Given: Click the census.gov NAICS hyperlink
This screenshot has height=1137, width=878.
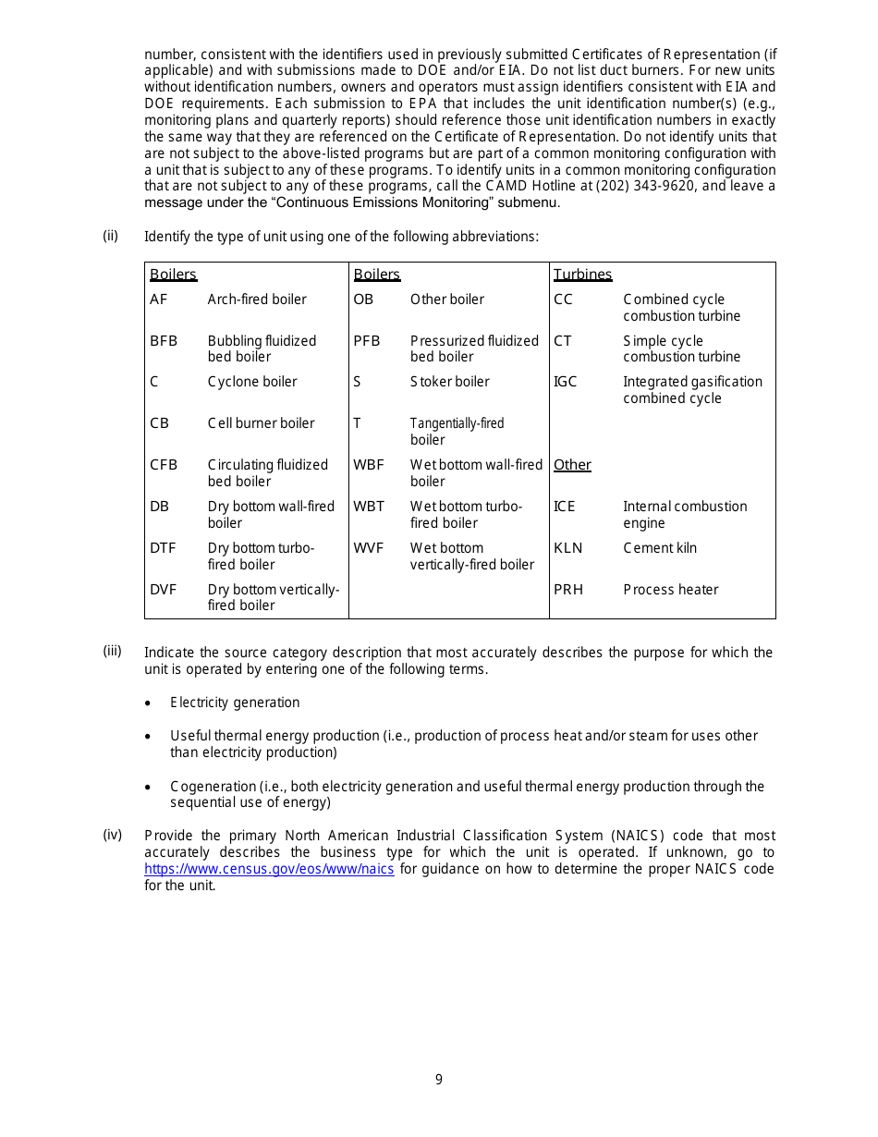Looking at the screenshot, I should (x=269, y=869).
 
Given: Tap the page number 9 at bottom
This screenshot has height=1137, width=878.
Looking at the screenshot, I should (x=439, y=1080).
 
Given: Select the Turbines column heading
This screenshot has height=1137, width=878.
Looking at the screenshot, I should (x=582, y=275).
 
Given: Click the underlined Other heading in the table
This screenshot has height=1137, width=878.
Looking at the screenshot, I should (x=572, y=465).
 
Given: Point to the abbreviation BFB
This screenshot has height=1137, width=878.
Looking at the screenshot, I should (x=163, y=341).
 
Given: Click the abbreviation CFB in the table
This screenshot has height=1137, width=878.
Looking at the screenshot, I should (x=163, y=465).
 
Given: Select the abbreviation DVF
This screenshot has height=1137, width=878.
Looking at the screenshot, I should (x=163, y=590).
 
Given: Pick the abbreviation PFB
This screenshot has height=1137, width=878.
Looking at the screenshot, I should (x=366, y=341).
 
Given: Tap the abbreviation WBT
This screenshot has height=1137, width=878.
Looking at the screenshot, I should (x=368, y=507).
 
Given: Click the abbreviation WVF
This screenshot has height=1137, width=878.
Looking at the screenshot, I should (x=368, y=548).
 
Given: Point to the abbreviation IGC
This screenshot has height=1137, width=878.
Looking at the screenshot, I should (x=565, y=382).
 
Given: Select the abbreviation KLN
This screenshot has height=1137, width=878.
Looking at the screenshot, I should (x=567, y=548).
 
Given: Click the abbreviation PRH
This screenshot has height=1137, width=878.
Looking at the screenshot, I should (x=567, y=590).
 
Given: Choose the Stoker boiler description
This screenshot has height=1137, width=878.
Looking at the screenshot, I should (x=449, y=382).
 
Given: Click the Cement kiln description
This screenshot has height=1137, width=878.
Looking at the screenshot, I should (x=660, y=548).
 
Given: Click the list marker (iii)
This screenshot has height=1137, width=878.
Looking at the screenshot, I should (x=112, y=651).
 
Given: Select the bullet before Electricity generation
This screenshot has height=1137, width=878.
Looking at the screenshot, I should (x=149, y=703).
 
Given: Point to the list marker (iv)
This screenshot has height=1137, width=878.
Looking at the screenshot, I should (x=112, y=835).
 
